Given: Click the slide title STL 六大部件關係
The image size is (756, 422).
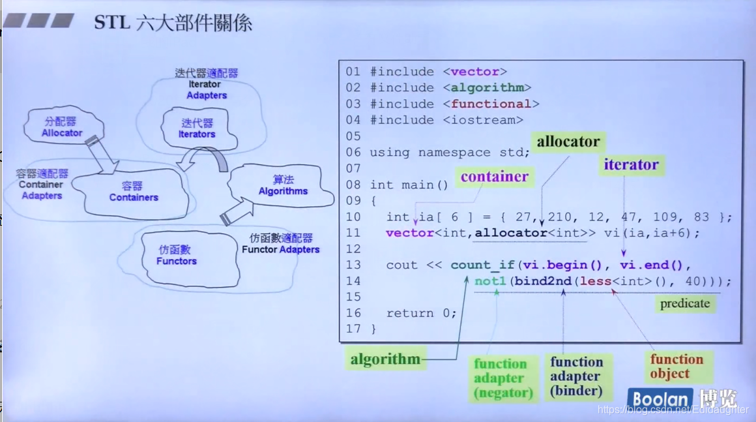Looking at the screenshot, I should (x=173, y=23).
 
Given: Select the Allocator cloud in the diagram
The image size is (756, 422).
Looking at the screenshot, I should (x=62, y=127).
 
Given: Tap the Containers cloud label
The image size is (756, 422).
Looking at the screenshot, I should (x=134, y=192).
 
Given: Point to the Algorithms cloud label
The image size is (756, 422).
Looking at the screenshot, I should (x=283, y=185).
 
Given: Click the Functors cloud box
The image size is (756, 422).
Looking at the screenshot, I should (x=176, y=256).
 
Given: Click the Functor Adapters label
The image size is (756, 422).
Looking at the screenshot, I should (x=281, y=244).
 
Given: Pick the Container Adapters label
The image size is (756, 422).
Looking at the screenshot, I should (x=41, y=185).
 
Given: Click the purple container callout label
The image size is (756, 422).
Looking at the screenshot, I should (x=494, y=177).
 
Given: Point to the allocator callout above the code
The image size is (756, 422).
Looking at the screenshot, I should (x=568, y=142).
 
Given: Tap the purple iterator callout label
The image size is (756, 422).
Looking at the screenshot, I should (x=631, y=164).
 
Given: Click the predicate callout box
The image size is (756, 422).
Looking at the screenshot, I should (x=685, y=303).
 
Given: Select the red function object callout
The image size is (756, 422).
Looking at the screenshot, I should (x=676, y=366).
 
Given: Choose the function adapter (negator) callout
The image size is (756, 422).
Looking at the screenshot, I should (x=503, y=378).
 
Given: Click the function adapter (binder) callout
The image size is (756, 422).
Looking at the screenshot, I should (x=576, y=376).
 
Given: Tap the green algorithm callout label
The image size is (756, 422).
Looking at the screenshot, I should (x=385, y=359).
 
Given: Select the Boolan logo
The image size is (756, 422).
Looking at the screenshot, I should (x=660, y=399).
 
